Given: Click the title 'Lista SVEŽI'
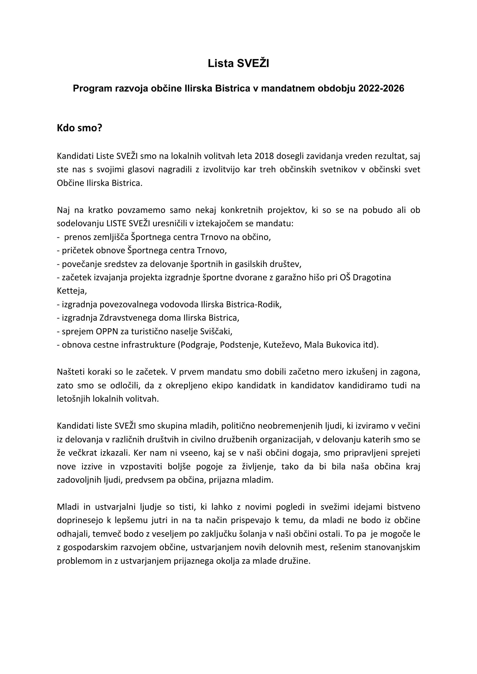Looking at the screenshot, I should (x=238, y=64).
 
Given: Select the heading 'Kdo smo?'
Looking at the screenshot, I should (x=79, y=128).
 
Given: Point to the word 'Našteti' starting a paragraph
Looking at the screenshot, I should (x=70, y=371).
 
